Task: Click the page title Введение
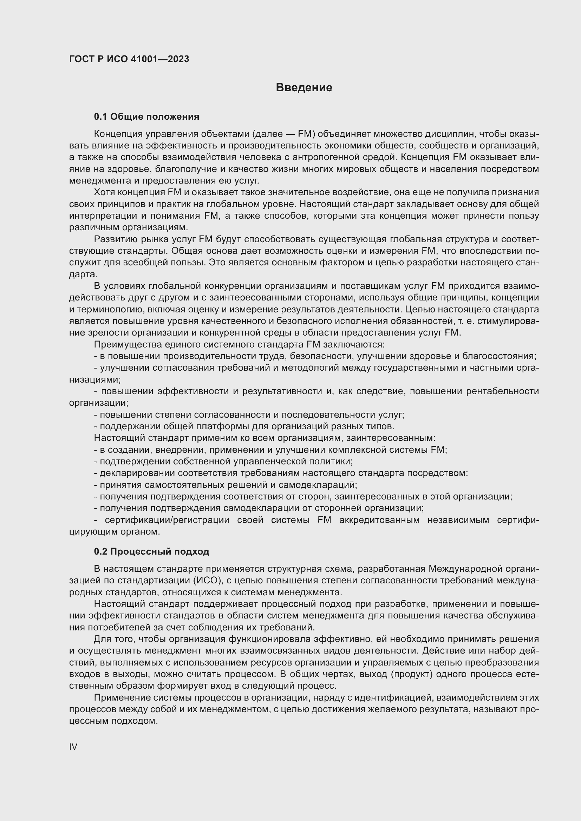pyautogui.click(x=304, y=88)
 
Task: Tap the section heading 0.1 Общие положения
pyautogui.click(x=146, y=117)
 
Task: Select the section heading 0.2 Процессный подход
pyautogui.click(x=151, y=551)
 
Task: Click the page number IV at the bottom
pyautogui.click(x=73, y=747)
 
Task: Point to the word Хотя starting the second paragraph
pyautogui.click(x=104, y=192)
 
